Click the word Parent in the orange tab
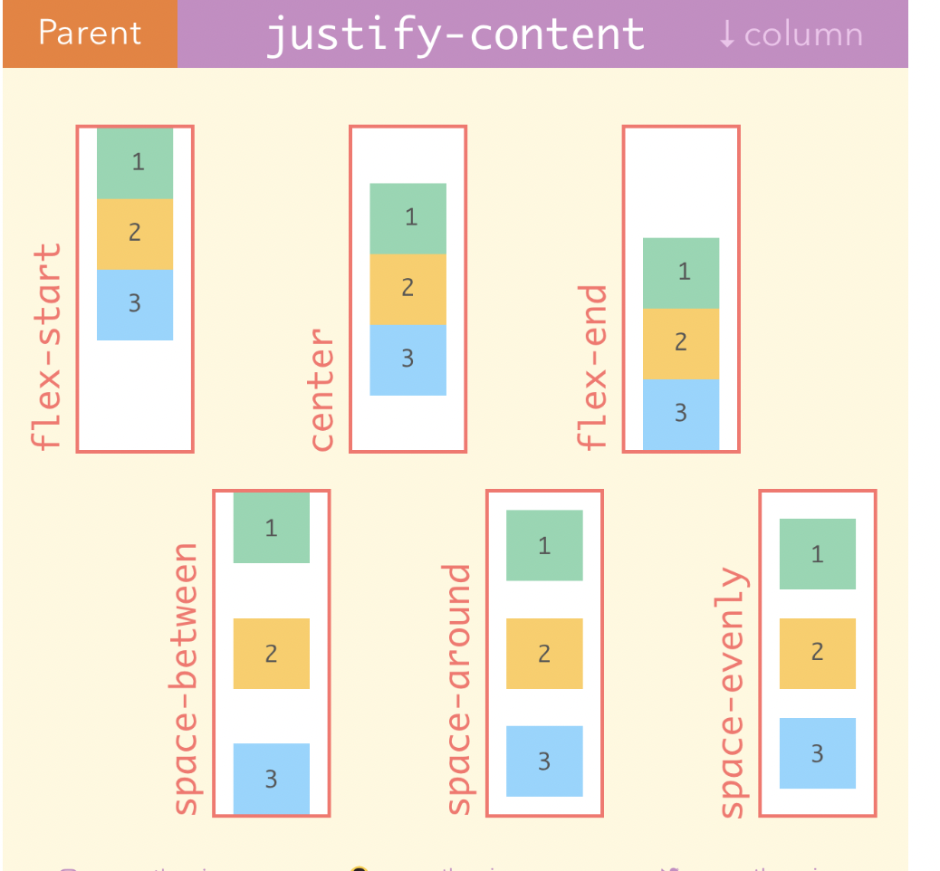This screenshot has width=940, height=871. tap(90, 33)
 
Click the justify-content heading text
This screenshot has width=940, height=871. tap(455, 34)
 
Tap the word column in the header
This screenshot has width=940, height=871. tap(803, 34)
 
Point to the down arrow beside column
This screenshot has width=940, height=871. tap(726, 33)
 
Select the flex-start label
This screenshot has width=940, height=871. tap(45, 345)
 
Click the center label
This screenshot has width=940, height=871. tap(321, 389)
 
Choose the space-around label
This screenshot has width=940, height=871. tap(459, 689)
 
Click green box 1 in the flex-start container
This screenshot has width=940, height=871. tap(135, 163)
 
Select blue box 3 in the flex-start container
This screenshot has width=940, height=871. tap(135, 304)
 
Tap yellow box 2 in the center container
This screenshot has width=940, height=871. tap(408, 289)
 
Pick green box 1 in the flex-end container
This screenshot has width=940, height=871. tap(681, 273)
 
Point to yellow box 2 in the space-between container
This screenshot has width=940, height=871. tap(272, 653)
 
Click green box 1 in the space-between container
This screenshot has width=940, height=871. tap(272, 528)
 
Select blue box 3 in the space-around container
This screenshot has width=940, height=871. tap(544, 761)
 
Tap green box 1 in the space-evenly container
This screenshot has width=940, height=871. tap(817, 553)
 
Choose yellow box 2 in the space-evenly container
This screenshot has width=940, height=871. tap(817, 653)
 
